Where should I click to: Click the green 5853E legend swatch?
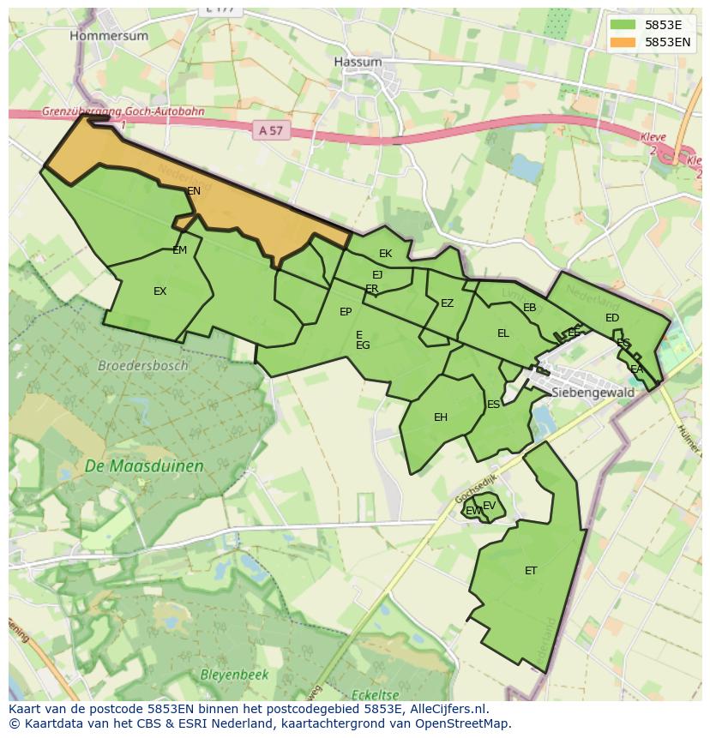(x=623, y=25)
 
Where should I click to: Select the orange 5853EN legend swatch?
(x=623, y=42)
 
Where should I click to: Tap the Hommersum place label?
(x=109, y=36)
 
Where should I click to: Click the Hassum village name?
(x=358, y=62)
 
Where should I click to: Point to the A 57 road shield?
(x=269, y=130)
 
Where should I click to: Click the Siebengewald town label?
(x=593, y=393)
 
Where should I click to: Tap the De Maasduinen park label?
(x=144, y=466)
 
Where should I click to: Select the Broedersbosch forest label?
(x=142, y=365)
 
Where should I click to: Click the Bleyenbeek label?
(x=234, y=675)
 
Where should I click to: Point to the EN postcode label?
(x=194, y=191)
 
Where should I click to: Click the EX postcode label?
(x=159, y=291)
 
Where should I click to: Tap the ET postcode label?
(x=531, y=571)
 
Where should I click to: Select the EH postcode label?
(x=441, y=417)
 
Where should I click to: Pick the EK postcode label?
(x=385, y=254)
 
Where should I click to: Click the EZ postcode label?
(x=447, y=303)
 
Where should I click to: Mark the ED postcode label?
(x=611, y=318)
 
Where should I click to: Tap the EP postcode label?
(x=346, y=312)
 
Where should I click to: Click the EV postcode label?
(x=489, y=506)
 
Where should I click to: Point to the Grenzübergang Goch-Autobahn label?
(x=123, y=112)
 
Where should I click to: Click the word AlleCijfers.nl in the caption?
(x=446, y=709)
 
